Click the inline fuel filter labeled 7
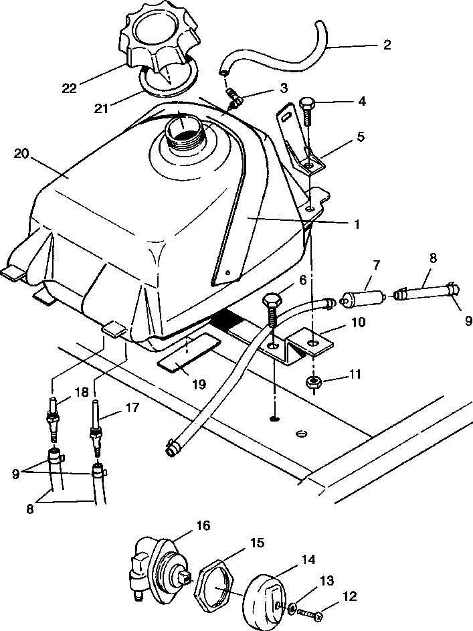pyautogui.click(x=365, y=295)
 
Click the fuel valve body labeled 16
pyautogui.click(x=155, y=565)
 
